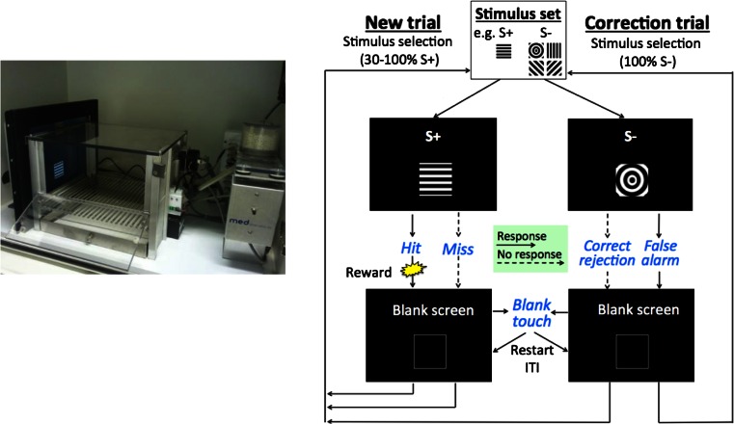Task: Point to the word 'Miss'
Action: coord(457,250)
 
